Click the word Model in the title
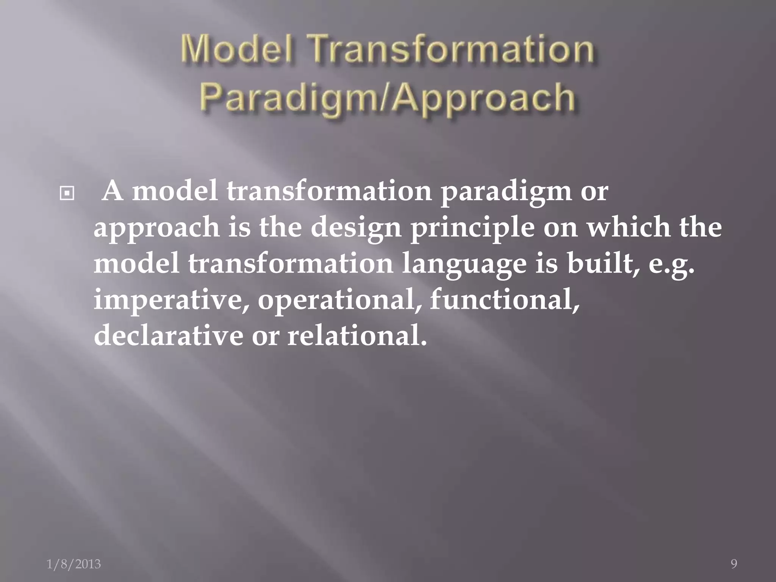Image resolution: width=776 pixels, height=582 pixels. [x=236, y=50]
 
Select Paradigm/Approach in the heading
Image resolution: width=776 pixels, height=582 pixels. [x=387, y=97]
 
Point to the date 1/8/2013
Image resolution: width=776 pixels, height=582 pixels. [x=74, y=564]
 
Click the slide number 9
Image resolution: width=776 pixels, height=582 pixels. [x=734, y=564]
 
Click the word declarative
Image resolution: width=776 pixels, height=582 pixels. [x=168, y=335]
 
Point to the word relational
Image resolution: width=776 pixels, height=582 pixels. [x=357, y=335]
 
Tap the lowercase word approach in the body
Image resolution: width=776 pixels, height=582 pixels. [x=156, y=228]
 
